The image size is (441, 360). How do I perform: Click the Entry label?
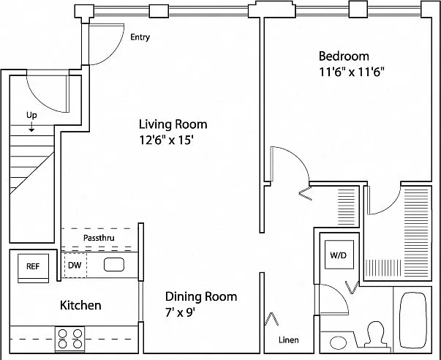coord(140,37)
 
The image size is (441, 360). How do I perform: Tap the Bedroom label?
coord(344,56)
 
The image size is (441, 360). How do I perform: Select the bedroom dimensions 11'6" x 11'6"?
coord(352,72)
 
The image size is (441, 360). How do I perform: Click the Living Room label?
coord(173,124)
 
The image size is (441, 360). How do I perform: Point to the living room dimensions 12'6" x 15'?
coord(166,140)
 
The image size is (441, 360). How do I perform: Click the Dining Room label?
coord(201,296)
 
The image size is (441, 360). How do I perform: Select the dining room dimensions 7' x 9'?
coord(180,312)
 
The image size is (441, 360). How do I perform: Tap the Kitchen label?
coord(80,305)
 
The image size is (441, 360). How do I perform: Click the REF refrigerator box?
coord(33,269)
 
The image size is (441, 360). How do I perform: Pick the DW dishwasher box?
coord(75,266)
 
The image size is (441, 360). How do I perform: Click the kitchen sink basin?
coord(114,265)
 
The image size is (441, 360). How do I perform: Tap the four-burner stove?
coord(69,339)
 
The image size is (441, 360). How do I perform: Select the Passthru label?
coord(99,238)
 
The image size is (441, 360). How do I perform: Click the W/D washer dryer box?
coord(339,255)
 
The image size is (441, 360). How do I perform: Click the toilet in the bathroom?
coord(375,335)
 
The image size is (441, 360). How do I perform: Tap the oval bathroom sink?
coord(338,343)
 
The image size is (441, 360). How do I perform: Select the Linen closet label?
coord(289,340)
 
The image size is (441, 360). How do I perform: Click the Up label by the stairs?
coord(31,116)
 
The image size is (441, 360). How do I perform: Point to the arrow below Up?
coord(31,127)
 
